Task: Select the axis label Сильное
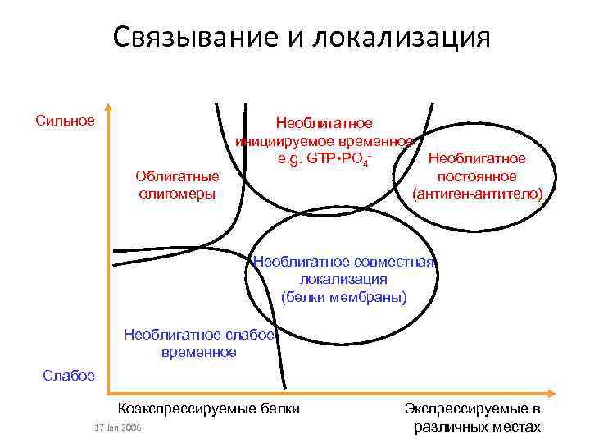[65, 121]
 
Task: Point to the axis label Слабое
[69, 375]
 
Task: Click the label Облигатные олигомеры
[177, 185]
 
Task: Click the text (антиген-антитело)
[477, 194]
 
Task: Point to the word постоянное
[477, 176]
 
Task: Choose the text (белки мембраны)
[343, 297]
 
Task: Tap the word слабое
[249, 334]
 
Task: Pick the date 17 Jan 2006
[117, 427]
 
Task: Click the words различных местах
[478, 427]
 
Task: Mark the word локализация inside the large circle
[343, 280]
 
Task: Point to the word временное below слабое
[198, 352]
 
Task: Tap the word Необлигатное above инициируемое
[324, 123]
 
